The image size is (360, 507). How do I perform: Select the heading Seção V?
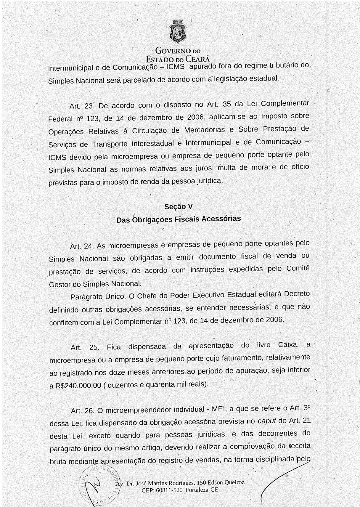(179, 206)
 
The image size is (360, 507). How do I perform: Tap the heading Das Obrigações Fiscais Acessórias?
(179, 219)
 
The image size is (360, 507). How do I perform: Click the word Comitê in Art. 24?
(298, 268)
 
